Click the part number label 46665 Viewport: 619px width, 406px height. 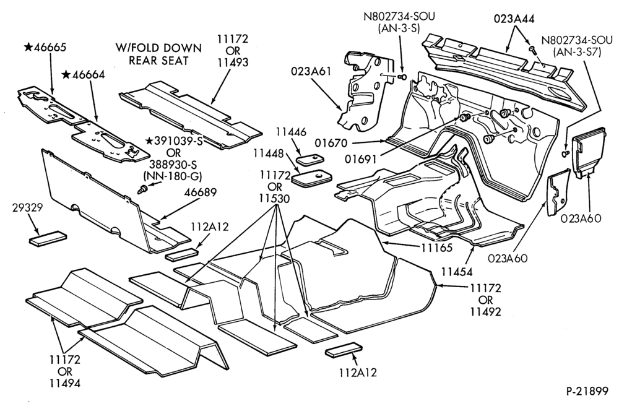point(45,48)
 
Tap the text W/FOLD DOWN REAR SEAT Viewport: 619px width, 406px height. point(158,54)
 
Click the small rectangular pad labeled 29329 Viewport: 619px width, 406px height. point(46,238)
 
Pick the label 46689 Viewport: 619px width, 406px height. point(201,192)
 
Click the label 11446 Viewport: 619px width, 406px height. point(291,132)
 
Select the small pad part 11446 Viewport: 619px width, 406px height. point(310,160)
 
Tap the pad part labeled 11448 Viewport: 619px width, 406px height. point(311,176)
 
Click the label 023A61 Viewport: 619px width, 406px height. point(311,71)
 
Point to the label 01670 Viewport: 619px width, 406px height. point(332,142)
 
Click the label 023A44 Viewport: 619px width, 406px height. point(514,19)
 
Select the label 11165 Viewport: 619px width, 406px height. point(436,247)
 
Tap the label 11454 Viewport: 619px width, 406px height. point(457,271)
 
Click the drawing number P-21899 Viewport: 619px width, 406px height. point(587,391)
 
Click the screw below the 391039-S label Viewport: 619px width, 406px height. point(142,190)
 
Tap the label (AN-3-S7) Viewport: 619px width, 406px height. point(577,52)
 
